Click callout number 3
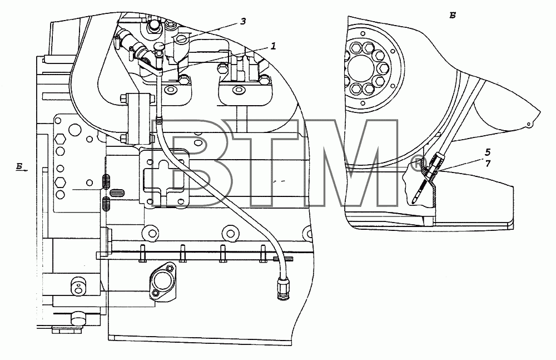[x=243, y=22]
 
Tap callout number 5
[x=488, y=152]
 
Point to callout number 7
[x=488, y=164]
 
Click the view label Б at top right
[x=453, y=15]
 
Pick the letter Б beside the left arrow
[x=20, y=166]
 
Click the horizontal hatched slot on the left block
[x=117, y=193]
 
